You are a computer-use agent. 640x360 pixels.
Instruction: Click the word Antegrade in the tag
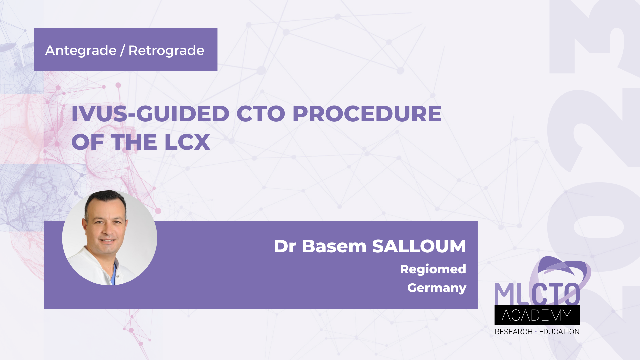pyautogui.click(x=81, y=51)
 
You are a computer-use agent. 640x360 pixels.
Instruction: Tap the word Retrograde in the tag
pyautogui.click(x=166, y=51)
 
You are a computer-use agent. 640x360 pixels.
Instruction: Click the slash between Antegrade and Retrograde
pyautogui.click(x=122, y=51)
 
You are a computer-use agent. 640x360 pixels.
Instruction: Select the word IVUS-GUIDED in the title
pyautogui.click(x=150, y=114)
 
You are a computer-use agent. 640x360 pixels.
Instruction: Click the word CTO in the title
pyautogui.click(x=261, y=114)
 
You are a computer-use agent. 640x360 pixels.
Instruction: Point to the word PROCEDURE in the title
pyautogui.click(x=367, y=114)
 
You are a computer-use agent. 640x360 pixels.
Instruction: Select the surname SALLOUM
pyautogui.click(x=419, y=246)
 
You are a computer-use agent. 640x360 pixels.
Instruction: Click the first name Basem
pyautogui.click(x=334, y=246)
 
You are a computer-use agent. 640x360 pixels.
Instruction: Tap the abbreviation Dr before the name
pyautogui.click(x=285, y=246)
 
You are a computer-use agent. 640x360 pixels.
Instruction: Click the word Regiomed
pyautogui.click(x=433, y=269)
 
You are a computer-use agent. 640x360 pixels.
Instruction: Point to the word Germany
pyautogui.click(x=436, y=288)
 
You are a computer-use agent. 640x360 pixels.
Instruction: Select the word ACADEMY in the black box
pyautogui.click(x=537, y=315)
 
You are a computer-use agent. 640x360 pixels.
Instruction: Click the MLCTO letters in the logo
pyautogui.click(x=537, y=294)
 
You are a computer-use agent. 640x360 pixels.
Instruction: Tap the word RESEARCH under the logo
pyautogui.click(x=513, y=332)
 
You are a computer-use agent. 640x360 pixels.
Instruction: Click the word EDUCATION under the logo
pyautogui.click(x=559, y=332)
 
